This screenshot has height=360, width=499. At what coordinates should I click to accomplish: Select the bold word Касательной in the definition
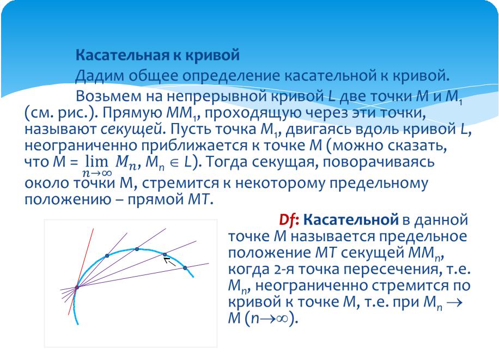point(351,219)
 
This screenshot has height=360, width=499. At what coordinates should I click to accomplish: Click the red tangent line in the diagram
point(81,272)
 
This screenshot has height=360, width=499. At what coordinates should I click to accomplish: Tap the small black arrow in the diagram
point(169,261)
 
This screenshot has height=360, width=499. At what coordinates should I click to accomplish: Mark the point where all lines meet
point(77,288)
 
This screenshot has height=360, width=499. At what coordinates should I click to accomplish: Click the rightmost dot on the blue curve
point(185,268)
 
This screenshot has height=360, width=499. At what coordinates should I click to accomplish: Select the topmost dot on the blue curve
point(137,249)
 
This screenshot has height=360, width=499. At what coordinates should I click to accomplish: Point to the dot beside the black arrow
point(165,254)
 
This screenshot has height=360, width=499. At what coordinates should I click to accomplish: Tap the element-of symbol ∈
point(174,163)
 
